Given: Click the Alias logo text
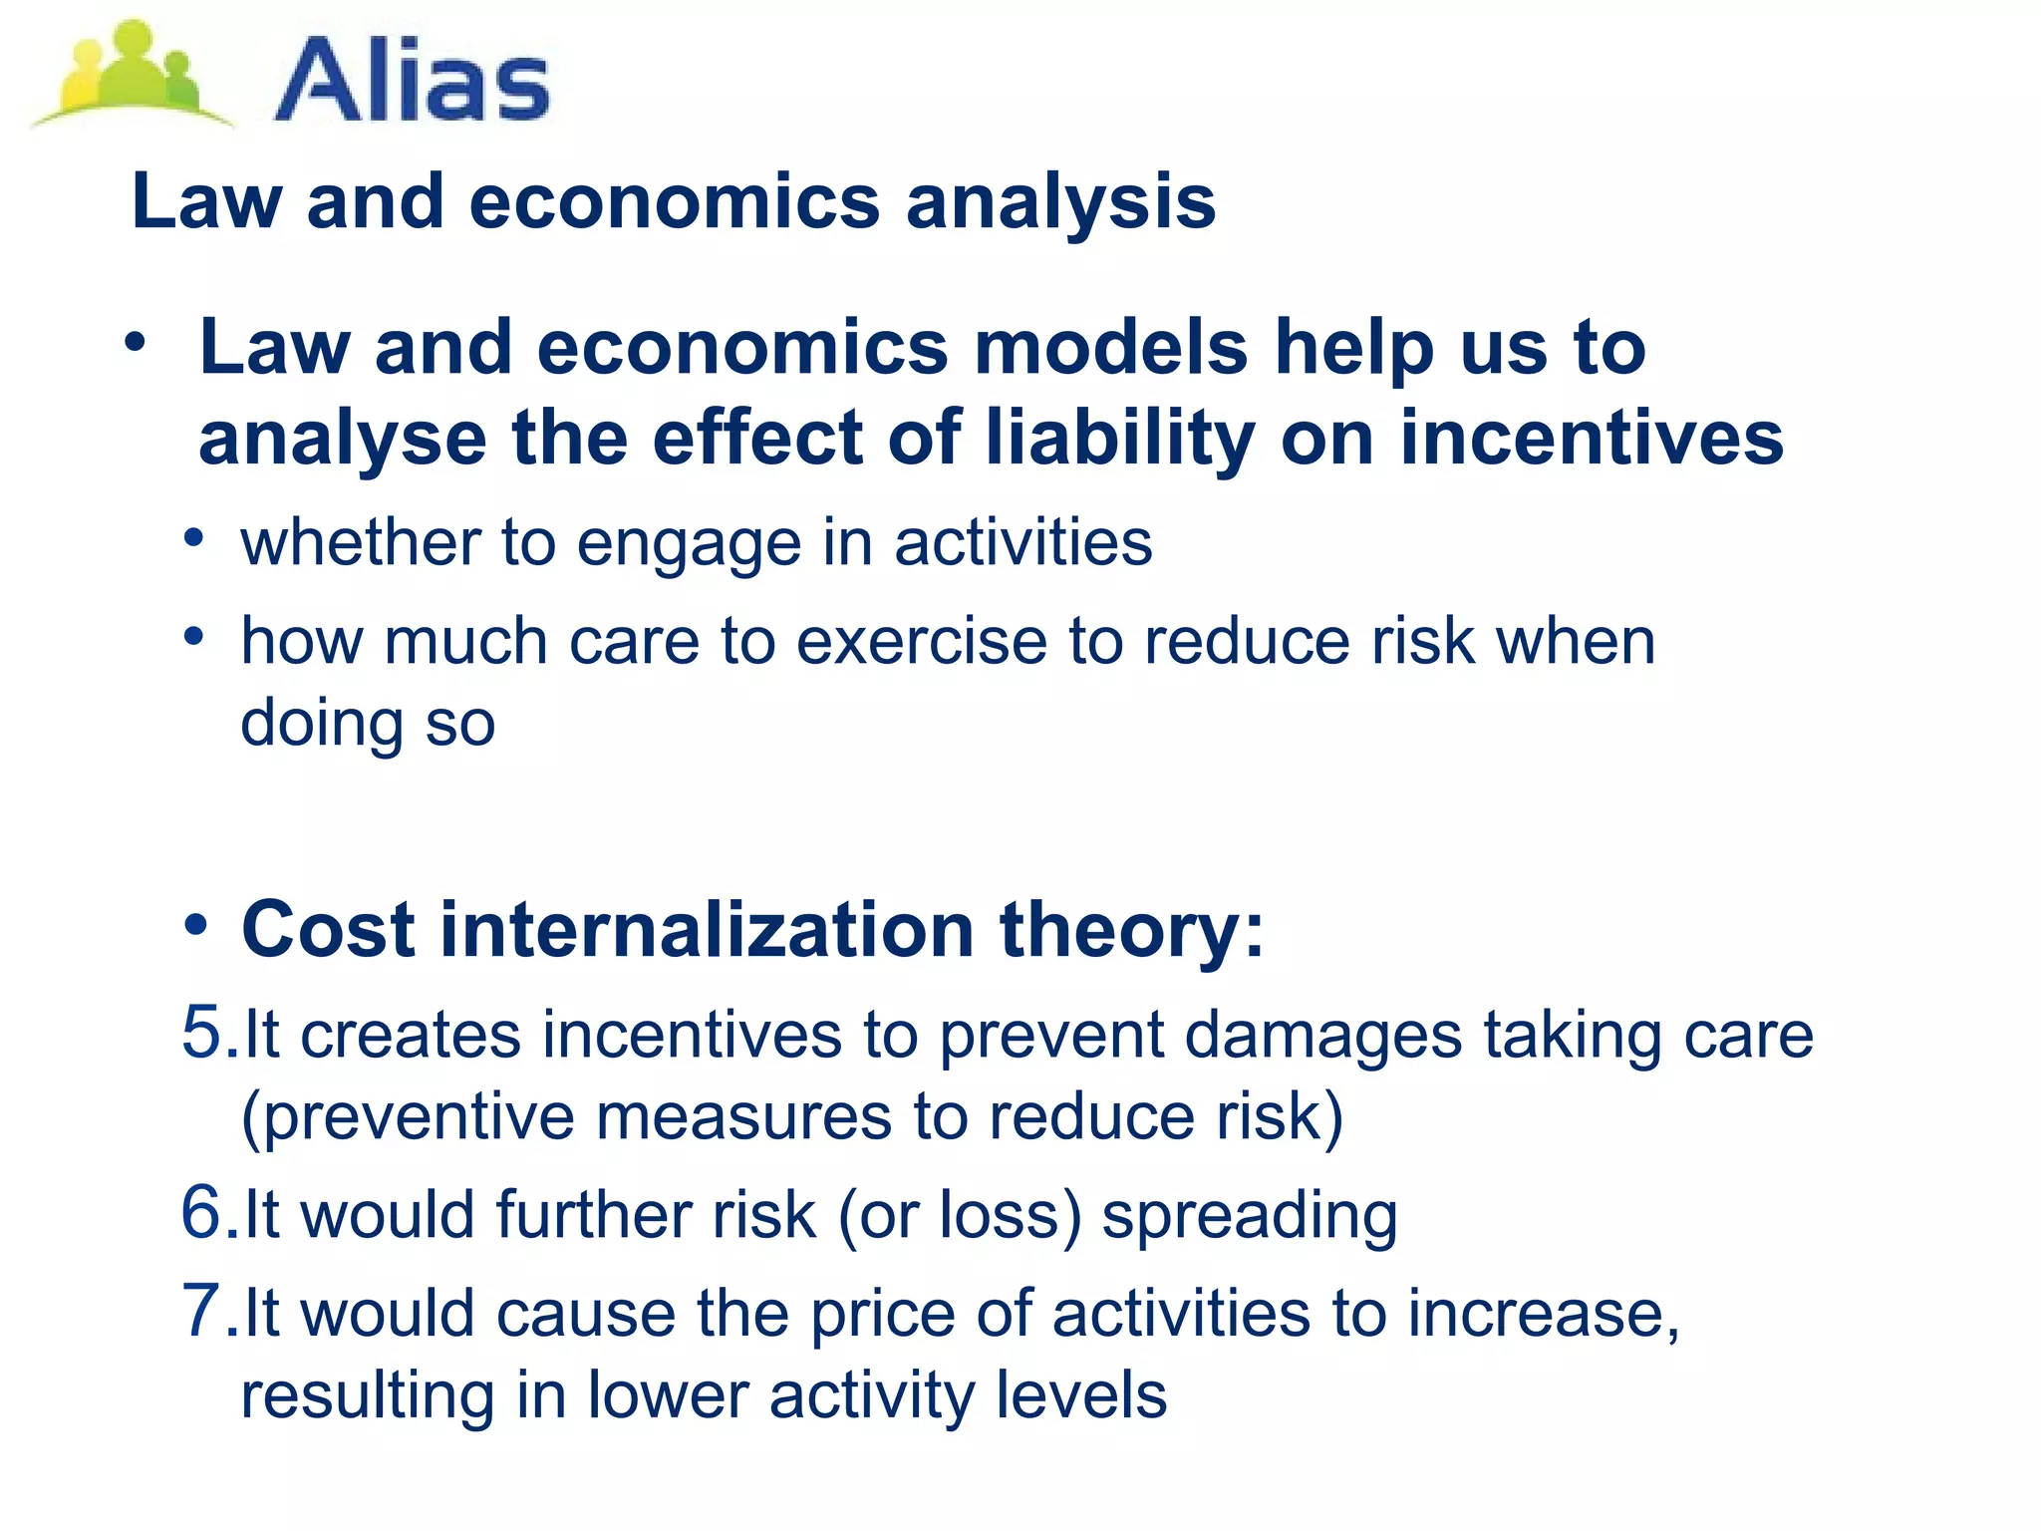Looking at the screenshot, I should click(412, 81).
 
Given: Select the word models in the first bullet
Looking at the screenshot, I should click(1110, 348).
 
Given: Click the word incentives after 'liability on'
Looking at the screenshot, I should click(1592, 439).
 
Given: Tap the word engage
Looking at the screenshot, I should click(689, 544).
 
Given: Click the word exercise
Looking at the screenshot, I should click(921, 641).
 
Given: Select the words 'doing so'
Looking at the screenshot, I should click(368, 724).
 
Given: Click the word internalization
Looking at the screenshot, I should click(707, 930).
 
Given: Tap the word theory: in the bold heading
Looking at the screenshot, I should click(1131, 930).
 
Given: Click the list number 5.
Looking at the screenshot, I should click(204, 1033).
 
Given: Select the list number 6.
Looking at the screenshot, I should click(204, 1213).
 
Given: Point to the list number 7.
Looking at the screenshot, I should click(204, 1311).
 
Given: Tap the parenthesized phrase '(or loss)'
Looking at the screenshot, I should click(959, 1216).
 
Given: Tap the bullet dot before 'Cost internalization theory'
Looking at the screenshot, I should click(196, 924).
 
